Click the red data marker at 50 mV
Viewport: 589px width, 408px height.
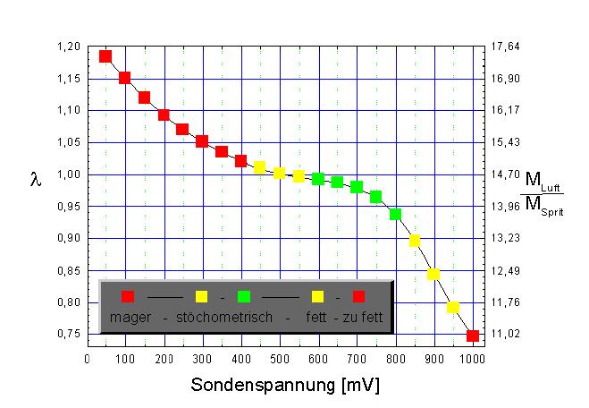pyautogui.click(x=105, y=56)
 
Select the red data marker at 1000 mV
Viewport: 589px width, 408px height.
pyautogui.click(x=473, y=336)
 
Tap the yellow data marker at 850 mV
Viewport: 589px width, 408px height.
pyautogui.click(x=415, y=241)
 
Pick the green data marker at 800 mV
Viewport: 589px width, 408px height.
pyautogui.click(x=395, y=215)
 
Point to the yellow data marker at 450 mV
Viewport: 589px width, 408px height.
pyautogui.click(x=260, y=167)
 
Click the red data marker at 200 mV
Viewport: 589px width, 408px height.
pyautogui.click(x=164, y=115)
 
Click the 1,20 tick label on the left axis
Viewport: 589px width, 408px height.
pyautogui.click(x=70, y=47)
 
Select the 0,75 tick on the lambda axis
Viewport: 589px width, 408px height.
pyautogui.click(x=70, y=334)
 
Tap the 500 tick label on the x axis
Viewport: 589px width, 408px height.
pyautogui.click(x=280, y=359)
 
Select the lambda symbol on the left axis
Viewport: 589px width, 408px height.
pyautogui.click(x=36, y=181)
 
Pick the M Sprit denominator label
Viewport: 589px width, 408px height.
pyautogui.click(x=543, y=205)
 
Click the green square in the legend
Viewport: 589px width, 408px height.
pyautogui.click(x=244, y=296)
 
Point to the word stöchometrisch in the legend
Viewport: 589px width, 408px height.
pyautogui.click(x=224, y=317)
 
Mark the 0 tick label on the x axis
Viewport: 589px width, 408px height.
pyautogui.click(x=87, y=359)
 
